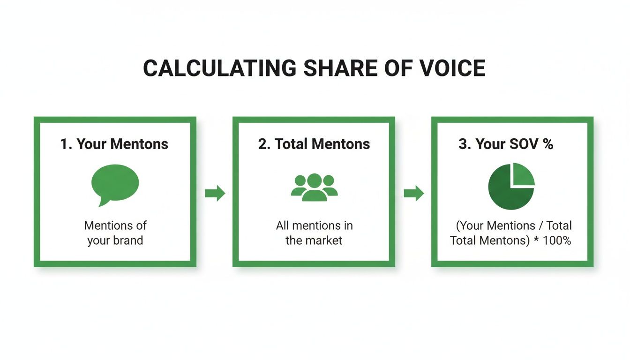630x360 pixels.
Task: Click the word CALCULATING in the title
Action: pos(219,68)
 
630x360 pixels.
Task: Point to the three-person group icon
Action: pos(314,187)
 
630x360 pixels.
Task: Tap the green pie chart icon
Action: pos(510,187)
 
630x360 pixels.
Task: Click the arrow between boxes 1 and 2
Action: pos(215,193)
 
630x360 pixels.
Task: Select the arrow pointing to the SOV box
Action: pos(413,193)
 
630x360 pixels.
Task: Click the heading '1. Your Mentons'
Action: pos(114,144)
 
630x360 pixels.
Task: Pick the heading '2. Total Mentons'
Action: pos(314,144)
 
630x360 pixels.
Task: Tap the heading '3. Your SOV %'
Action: pos(506,144)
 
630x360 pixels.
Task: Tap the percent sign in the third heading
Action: pos(548,144)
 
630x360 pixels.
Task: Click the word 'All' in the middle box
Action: pos(282,225)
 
